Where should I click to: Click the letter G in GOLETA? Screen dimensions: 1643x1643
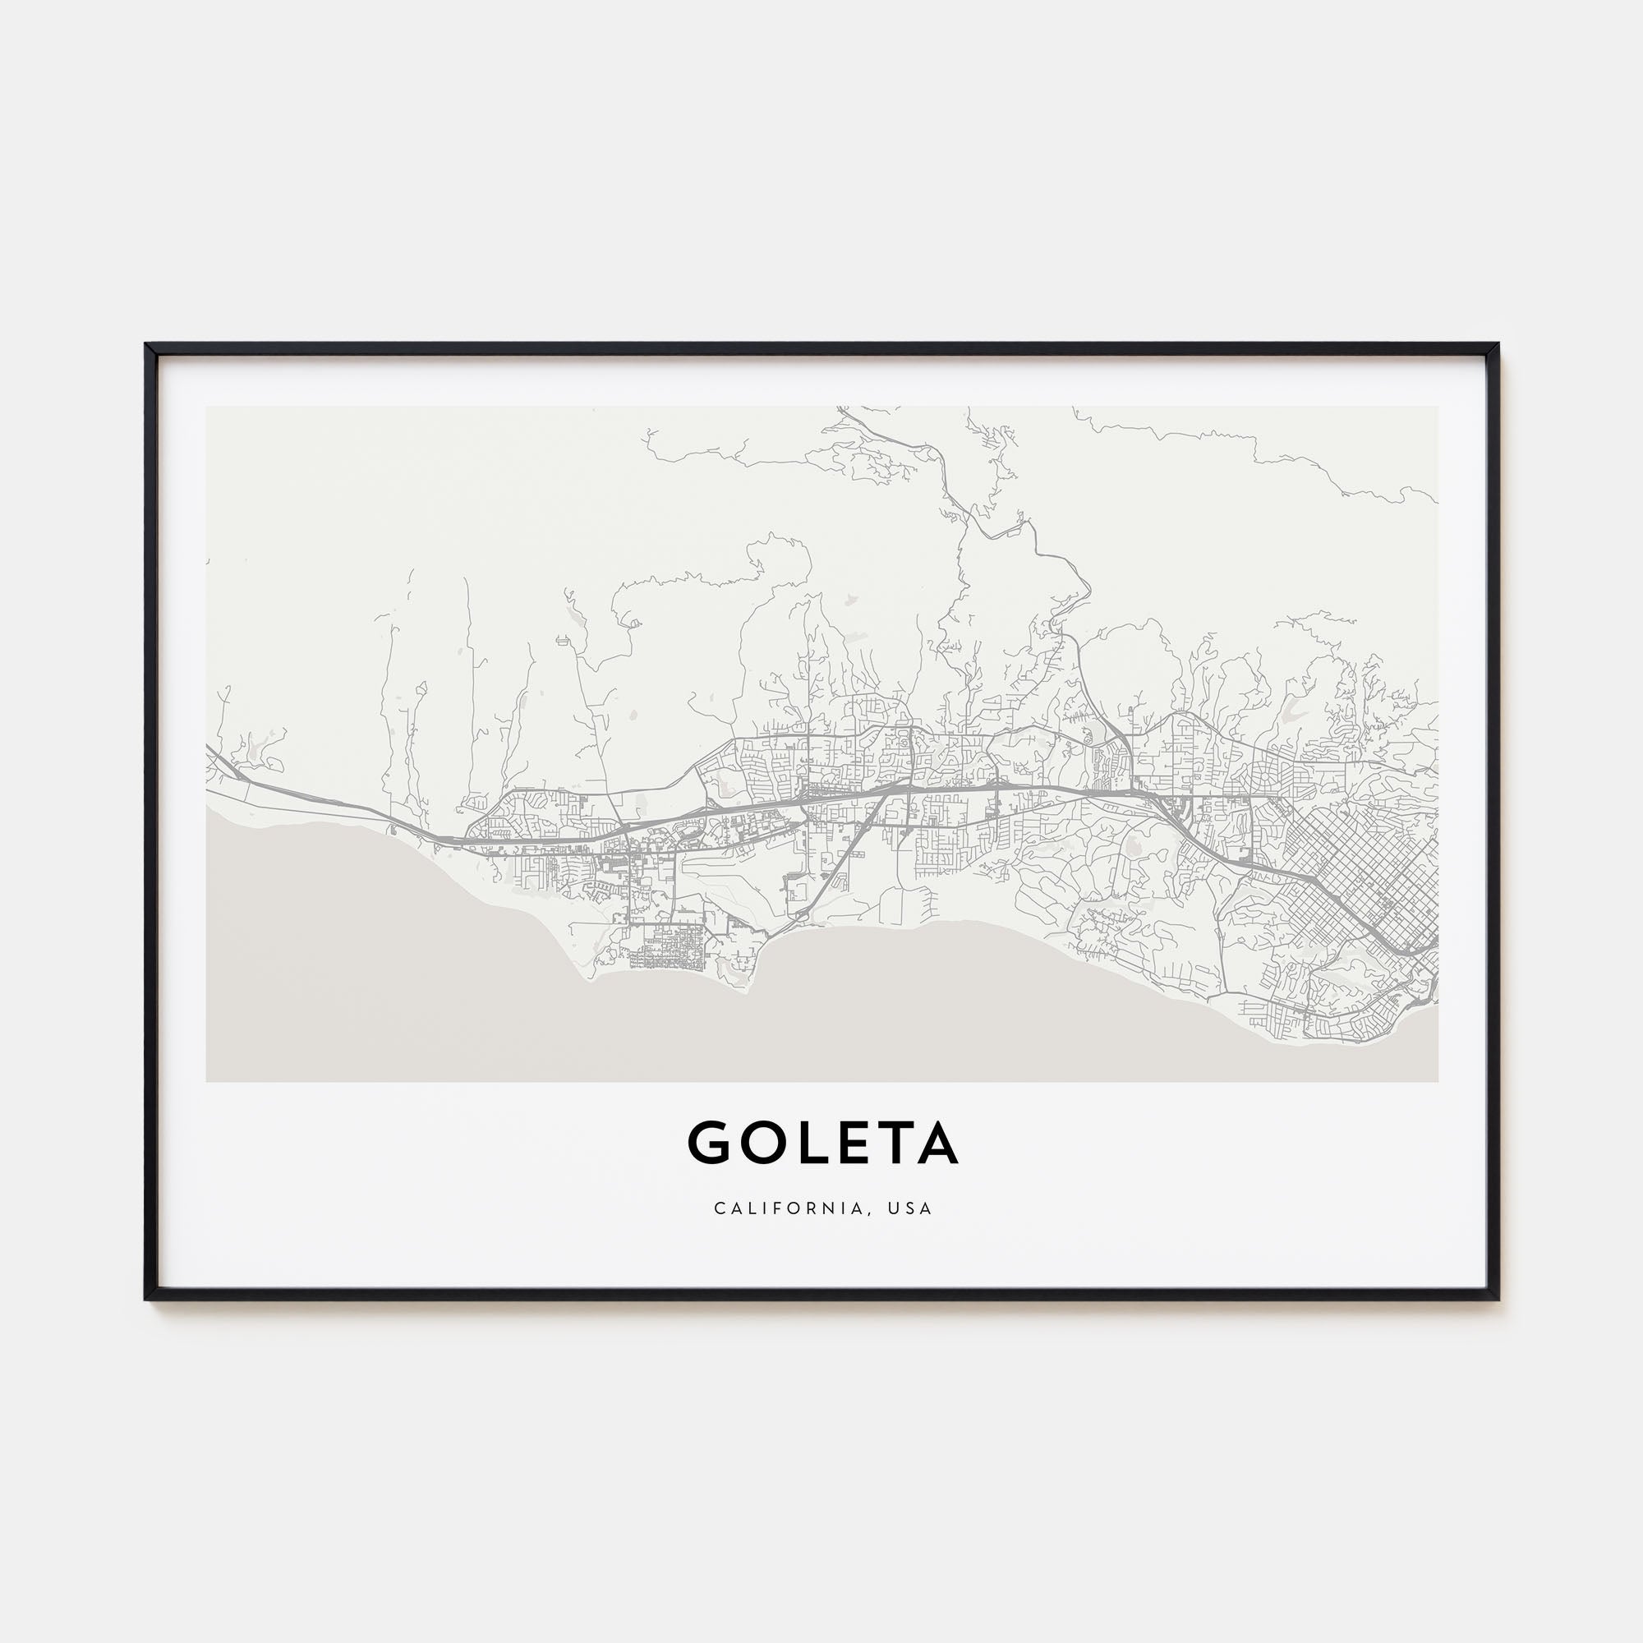pos(710,1144)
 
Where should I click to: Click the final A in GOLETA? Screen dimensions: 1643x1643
pos(939,1144)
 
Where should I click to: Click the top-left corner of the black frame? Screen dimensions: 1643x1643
pos(147,345)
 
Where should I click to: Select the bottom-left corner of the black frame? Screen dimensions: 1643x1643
pos(147,1299)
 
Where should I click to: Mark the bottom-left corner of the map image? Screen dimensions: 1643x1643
pos(207,1081)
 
